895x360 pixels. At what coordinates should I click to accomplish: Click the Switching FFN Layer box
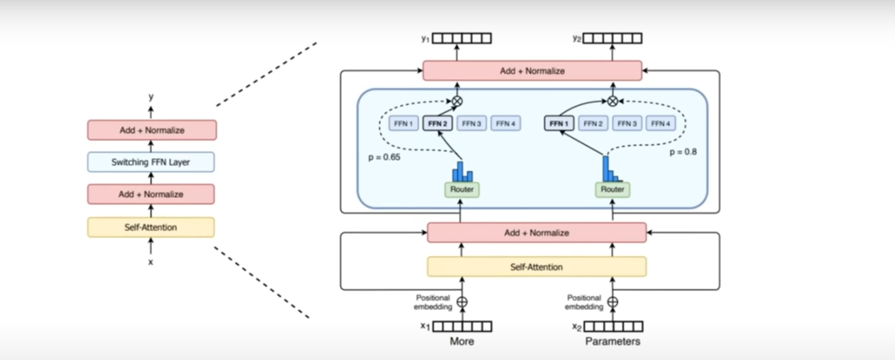coord(151,162)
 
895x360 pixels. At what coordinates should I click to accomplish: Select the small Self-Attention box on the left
coord(151,227)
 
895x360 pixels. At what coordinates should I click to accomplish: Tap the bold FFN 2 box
coord(437,124)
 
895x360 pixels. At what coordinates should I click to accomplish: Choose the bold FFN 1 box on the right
coord(559,124)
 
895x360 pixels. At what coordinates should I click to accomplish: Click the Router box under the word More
coord(462,189)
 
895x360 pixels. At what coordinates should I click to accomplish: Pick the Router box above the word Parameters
coord(613,189)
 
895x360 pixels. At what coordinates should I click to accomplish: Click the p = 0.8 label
coord(683,152)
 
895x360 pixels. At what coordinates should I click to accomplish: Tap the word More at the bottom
coord(462,341)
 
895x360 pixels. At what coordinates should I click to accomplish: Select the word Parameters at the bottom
coord(613,341)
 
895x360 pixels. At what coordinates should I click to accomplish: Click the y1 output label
coord(425,38)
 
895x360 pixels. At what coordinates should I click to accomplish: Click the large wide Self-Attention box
coord(537,267)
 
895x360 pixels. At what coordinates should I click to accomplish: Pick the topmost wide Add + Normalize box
coord(532,71)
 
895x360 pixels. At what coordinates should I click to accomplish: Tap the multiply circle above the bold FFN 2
coord(457,101)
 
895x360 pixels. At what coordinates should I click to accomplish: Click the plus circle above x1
coord(462,302)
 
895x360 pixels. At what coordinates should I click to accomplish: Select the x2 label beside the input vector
coord(576,326)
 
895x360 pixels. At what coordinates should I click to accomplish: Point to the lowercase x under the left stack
coord(151,262)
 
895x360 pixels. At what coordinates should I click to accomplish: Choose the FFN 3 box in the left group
coord(471,124)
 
